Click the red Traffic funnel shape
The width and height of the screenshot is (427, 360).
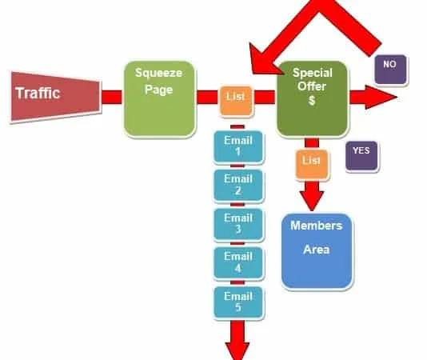point(56,98)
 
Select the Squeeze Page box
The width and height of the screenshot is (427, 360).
point(160,99)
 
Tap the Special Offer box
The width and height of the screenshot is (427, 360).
point(313,98)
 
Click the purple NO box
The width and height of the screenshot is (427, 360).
point(391,70)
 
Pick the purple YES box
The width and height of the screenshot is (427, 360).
point(361,156)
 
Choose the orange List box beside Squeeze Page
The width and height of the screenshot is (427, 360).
point(236,101)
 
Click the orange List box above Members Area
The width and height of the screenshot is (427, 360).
point(312,165)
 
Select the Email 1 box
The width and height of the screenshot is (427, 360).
point(238,147)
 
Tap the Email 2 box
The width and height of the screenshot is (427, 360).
point(238,186)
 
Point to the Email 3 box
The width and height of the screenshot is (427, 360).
point(238,225)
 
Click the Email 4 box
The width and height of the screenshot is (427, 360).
point(238,263)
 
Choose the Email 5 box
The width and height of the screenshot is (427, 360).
point(238,302)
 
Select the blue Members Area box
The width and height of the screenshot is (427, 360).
point(317,251)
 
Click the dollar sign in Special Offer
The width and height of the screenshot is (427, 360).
point(312,101)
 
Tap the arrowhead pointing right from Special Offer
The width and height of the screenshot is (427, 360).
point(381,97)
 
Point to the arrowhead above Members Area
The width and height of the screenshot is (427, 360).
point(312,201)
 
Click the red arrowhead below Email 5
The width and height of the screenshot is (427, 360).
point(237,351)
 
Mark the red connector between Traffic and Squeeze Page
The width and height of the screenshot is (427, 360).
point(112,97)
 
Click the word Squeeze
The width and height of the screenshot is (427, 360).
point(159,73)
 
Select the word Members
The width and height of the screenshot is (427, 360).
point(317,226)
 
